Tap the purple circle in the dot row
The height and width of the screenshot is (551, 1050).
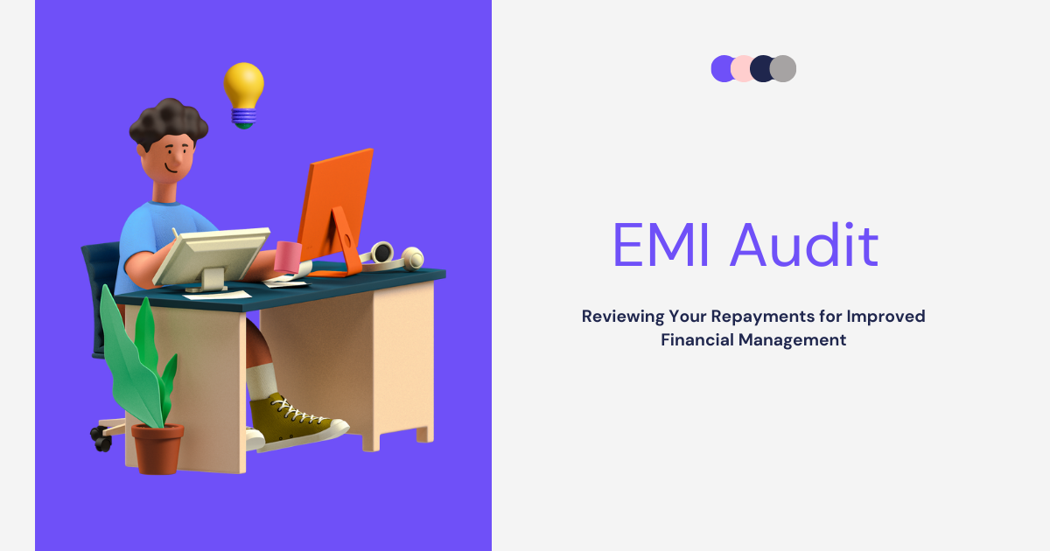(x=721, y=68)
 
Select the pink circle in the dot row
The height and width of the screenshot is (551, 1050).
(x=742, y=68)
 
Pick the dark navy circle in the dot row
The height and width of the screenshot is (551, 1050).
(x=762, y=68)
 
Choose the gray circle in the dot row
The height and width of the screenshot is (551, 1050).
(x=783, y=68)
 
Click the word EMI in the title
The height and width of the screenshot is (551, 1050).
(x=661, y=245)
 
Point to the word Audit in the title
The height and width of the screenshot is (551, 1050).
(x=804, y=245)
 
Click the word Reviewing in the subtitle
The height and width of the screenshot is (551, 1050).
(x=622, y=317)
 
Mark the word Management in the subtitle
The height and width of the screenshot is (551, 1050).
(x=792, y=340)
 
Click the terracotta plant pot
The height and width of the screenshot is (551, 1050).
(x=157, y=449)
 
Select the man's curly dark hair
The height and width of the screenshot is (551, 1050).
(x=169, y=122)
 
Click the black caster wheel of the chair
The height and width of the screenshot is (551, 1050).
(x=101, y=438)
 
